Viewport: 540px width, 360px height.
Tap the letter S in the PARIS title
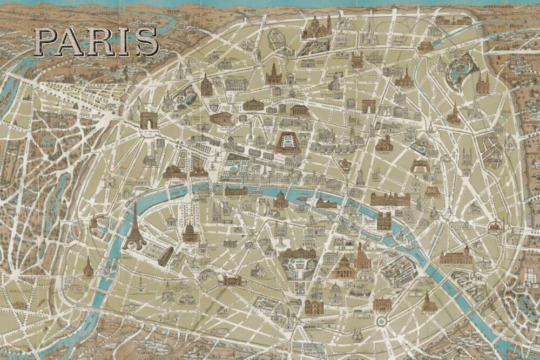click(147, 42)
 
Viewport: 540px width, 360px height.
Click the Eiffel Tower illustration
click(133, 229)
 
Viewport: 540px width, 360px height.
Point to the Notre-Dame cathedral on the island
click(384, 221)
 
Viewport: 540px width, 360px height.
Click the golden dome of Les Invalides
click(190, 233)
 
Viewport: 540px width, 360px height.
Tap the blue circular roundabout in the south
click(381, 322)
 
